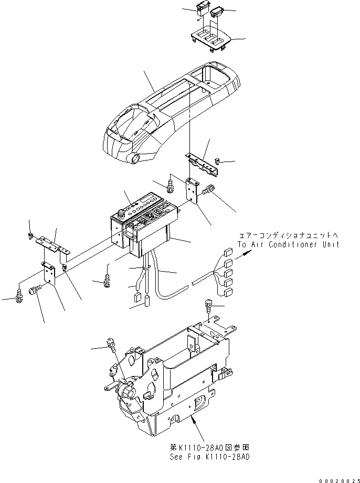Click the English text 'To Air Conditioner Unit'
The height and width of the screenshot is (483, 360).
(x=288, y=244)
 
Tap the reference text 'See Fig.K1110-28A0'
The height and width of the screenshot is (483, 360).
(x=208, y=456)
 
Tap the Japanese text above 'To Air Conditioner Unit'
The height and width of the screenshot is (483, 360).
(x=289, y=236)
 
